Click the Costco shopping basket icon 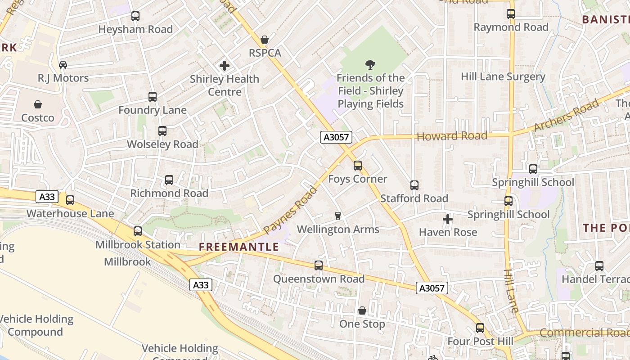pyautogui.click(x=38, y=104)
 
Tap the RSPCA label pyautogui.click(x=265, y=53)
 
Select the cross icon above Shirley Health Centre pyautogui.click(x=225, y=66)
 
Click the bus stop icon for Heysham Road pyautogui.click(x=135, y=16)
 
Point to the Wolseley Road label pyautogui.click(x=162, y=144)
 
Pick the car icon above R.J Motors pyautogui.click(x=63, y=65)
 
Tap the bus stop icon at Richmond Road pyautogui.click(x=169, y=180)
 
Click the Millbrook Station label pyautogui.click(x=138, y=245)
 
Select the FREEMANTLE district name pyautogui.click(x=239, y=247)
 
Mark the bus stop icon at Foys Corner pyautogui.click(x=358, y=166)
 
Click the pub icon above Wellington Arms pyautogui.click(x=338, y=216)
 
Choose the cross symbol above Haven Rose pyautogui.click(x=448, y=219)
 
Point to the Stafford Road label pyautogui.click(x=414, y=198)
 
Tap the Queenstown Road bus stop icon pyautogui.click(x=319, y=265)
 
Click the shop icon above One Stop pyautogui.click(x=362, y=311)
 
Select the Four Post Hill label pyautogui.click(x=480, y=342)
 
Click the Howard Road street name pyautogui.click(x=452, y=136)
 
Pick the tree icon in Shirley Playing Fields pyautogui.click(x=370, y=65)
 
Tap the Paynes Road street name pyautogui.click(x=290, y=210)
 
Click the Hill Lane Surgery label pyautogui.click(x=503, y=76)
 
